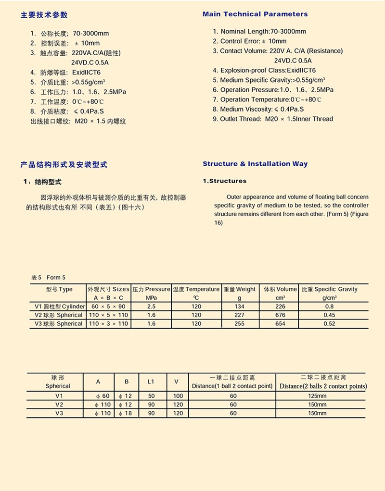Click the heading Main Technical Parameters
255,14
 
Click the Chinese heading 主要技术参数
44,15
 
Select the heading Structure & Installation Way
255,164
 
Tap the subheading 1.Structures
225,181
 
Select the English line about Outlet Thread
277,119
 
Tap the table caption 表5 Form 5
48,278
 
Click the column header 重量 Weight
240,289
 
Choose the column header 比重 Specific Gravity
330,289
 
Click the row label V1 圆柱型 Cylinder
60,307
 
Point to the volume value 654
280,324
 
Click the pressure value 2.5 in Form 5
151,307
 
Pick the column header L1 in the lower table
151,381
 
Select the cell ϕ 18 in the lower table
127,413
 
